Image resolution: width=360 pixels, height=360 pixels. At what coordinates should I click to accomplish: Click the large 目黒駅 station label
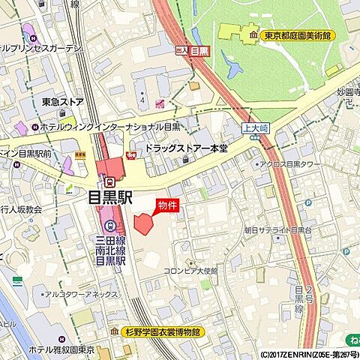pos(109,198)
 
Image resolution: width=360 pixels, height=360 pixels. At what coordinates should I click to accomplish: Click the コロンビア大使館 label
pos(190,271)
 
